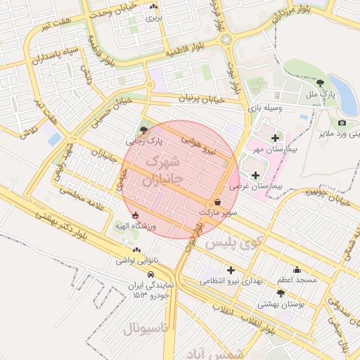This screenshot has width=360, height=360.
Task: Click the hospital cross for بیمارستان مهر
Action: (x=274, y=138)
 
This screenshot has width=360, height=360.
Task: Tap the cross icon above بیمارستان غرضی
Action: (x=255, y=174)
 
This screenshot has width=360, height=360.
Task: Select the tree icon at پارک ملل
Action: (x=319, y=83)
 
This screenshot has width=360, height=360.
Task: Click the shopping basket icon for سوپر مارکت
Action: (x=217, y=202)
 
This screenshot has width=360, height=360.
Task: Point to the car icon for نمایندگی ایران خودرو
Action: (x=151, y=274)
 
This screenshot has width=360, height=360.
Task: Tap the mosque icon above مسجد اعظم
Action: (x=297, y=269)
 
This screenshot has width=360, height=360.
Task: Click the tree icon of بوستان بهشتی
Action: (x=281, y=293)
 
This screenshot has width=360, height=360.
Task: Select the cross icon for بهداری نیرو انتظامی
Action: (x=231, y=269)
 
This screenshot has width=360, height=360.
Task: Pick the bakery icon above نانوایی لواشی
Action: (x=136, y=250)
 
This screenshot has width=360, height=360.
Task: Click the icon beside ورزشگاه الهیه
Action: (x=135, y=216)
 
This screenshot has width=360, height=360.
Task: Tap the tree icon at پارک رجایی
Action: (x=144, y=130)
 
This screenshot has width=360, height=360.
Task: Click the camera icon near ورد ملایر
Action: (x=342, y=122)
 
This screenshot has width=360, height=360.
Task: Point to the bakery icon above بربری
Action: (x=153, y=6)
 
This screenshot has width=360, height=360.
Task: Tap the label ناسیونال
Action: (x=146, y=328)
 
